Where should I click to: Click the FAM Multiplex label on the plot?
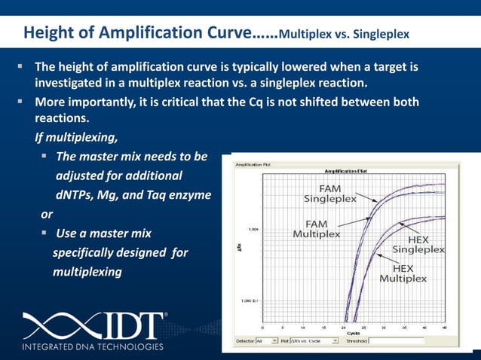(316, 229)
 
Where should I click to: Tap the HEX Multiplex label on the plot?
(403, 273)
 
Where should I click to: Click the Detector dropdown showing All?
(267, 340)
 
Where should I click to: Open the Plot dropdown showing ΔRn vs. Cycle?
(312, 340)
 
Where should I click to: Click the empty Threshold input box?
(396, 340)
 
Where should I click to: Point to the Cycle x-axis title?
(353, 333)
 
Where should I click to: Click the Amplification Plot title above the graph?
(346, 171)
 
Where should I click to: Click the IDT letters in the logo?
(127, 325)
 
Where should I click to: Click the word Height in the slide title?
(48, 34)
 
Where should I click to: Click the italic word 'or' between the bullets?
(47, 215)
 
